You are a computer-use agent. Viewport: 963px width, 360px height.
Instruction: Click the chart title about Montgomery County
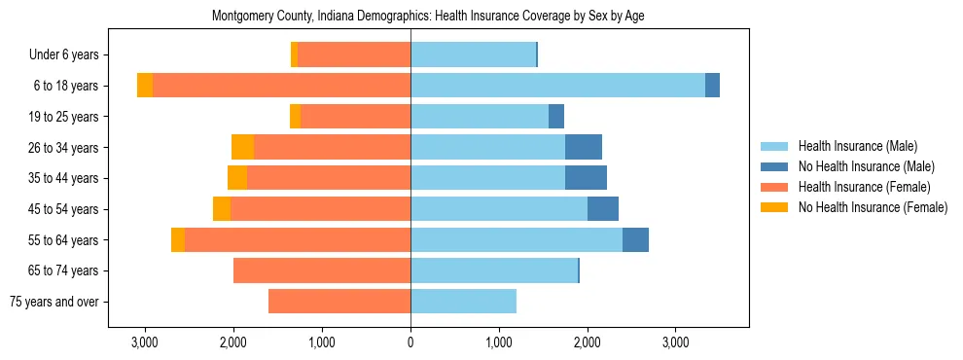[428, 17]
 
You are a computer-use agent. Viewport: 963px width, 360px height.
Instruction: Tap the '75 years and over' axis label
[53, 302]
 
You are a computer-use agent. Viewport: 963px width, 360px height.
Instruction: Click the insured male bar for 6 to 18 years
[557, 86]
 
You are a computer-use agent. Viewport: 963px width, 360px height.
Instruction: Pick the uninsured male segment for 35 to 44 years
[586, 178]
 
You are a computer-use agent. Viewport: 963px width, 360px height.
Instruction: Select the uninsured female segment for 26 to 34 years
[242, 147]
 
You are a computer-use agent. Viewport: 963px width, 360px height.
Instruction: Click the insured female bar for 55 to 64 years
[298, 240]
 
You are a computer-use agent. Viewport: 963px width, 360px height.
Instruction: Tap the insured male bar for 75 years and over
[463, 302]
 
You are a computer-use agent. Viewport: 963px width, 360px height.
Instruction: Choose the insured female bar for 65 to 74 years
[322, 270]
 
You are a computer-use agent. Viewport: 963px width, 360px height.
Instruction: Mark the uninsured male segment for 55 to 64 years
[635, 240]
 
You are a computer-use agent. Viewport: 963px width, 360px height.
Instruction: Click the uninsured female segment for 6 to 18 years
[145, 86]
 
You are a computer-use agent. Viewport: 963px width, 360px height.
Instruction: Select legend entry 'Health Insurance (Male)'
[857, 146]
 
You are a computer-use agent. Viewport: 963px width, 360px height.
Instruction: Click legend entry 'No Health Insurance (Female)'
[873, 207]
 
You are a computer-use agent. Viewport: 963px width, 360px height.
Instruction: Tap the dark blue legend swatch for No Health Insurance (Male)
[774, 166]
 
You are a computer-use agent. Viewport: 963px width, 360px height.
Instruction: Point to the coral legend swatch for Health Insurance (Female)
[774, 187]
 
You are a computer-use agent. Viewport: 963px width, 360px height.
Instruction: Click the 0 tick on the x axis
[410, 342]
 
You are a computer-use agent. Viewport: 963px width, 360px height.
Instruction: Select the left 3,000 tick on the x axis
[144, 342]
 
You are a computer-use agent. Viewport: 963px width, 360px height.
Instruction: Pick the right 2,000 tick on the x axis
[588, 342]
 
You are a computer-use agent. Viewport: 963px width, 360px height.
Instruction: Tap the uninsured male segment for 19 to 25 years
[556, 117]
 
